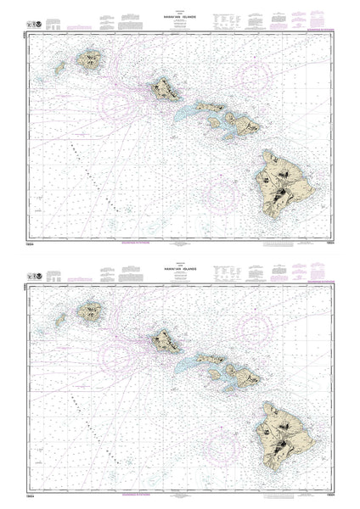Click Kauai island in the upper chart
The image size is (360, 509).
coord(90,60)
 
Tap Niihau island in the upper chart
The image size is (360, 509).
coord(60,68)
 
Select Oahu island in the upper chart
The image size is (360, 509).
coord(165,87)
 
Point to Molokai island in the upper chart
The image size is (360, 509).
coord(208,108)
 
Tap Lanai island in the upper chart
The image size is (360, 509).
coord(216,122)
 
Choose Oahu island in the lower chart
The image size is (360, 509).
coord(165,339)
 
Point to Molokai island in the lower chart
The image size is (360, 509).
coord(208,359)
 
